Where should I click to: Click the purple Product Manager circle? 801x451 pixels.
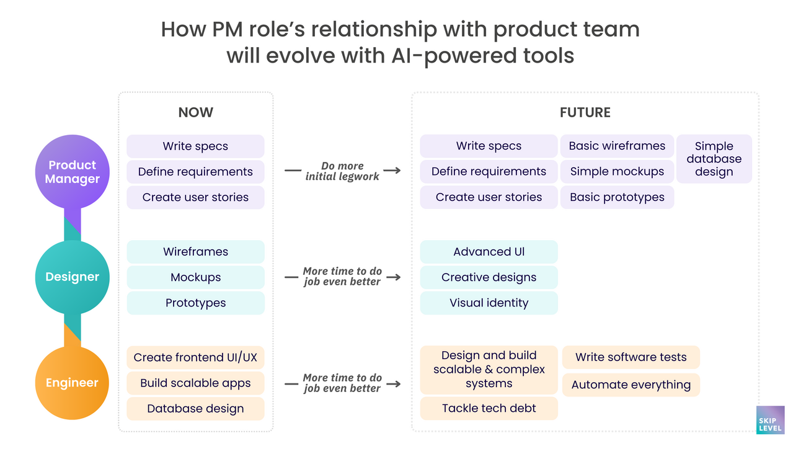tap(72, 172)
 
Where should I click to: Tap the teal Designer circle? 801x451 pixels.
tap(72, 277)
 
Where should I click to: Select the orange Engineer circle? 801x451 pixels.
tap(72, 383)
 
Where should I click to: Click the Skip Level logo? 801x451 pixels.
tap(770, 420)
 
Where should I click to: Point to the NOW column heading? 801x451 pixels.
tap(195, 112)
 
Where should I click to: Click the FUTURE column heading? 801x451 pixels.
tap(585, 112)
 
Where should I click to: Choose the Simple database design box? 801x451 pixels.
tap(714, 159)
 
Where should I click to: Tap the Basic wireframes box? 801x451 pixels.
tap(617, 146)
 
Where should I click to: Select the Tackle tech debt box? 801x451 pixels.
tap(489, 408)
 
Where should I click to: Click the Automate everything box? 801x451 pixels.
tap(631, 385)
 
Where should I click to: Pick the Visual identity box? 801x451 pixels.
tap(489, 303)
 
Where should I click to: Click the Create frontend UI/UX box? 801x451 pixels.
tap(195, 357)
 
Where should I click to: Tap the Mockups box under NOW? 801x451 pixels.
tap(195, 277)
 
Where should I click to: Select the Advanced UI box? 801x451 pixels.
tap(489, 252)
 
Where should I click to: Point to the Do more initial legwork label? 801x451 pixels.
tap(342, 171)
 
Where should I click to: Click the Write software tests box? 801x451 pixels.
tap(631, 357)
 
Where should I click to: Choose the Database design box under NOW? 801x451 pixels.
tap(195, 408)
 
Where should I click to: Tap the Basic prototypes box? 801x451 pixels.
tap(617, 197)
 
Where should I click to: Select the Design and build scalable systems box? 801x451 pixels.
tap(489, 370)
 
